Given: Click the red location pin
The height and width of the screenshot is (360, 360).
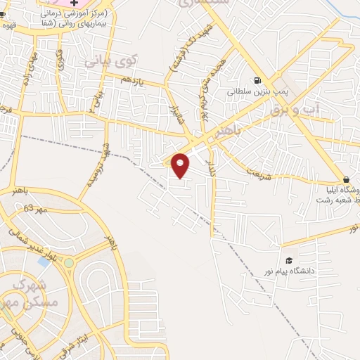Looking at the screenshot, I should point(181,165).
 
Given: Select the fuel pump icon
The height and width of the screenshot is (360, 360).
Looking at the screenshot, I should point(258,80).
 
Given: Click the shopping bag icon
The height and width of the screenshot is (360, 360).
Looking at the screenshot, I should point(346,179).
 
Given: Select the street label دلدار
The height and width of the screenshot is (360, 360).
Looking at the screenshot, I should point(212,167).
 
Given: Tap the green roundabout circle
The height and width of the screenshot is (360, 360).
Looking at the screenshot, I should point(69,262).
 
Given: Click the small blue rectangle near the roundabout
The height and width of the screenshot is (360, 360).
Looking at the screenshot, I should point(44,262).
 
